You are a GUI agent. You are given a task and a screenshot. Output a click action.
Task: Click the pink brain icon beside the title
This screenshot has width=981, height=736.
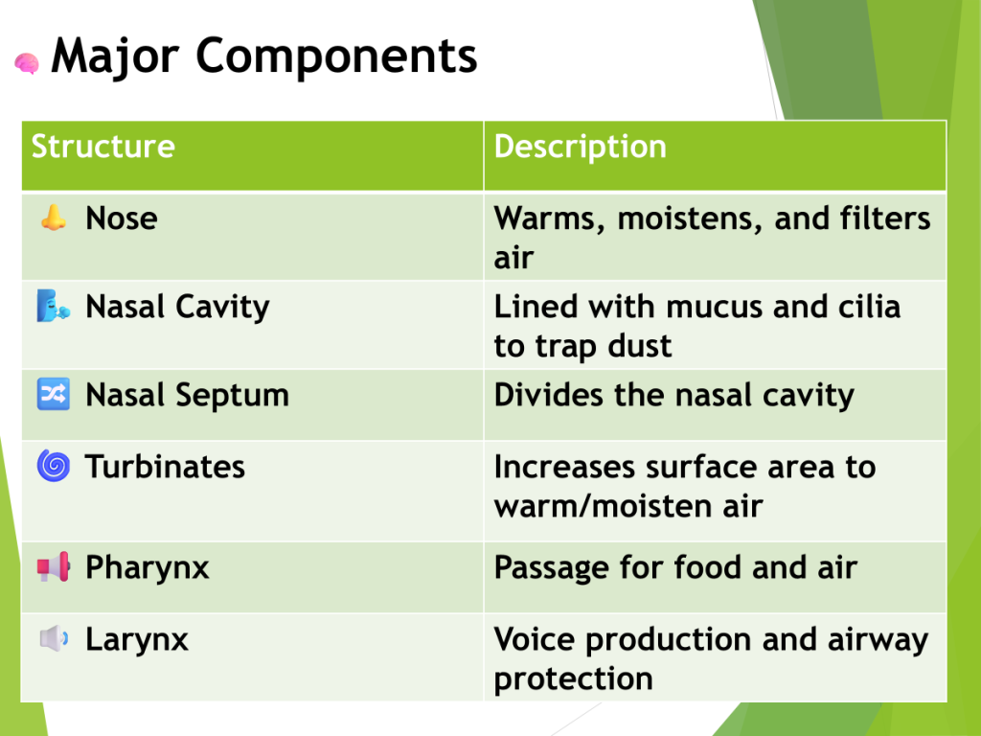point(27,63)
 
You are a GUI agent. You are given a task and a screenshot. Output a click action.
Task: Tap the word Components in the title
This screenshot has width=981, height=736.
point(336,57)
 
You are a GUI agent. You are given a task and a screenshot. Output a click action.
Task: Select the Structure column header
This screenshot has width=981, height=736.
point(103,147)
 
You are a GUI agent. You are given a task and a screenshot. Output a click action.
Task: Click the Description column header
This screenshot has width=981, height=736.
point(580,148)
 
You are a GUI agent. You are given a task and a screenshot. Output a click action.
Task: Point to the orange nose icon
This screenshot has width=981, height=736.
point(54,218)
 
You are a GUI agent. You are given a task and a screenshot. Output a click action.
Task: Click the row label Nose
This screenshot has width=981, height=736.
point(122,218)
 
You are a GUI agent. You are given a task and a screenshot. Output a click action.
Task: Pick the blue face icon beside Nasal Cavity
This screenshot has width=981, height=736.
point(54,306)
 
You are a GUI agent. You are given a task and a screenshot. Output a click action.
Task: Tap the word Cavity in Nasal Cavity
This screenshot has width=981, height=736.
point(222,308)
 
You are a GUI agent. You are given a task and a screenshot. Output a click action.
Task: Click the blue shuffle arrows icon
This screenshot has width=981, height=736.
point(54,394)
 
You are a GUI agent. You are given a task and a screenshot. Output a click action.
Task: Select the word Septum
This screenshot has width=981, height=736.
point(232,396)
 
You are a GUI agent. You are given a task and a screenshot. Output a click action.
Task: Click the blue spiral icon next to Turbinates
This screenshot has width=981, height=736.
point(54,467)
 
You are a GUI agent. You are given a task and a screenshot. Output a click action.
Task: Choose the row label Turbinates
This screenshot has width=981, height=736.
point(165,467)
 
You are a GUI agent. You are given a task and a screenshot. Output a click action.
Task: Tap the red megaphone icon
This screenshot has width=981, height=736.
point(54,567)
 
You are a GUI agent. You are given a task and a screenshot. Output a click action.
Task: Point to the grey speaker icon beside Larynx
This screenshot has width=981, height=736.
point(54,639)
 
